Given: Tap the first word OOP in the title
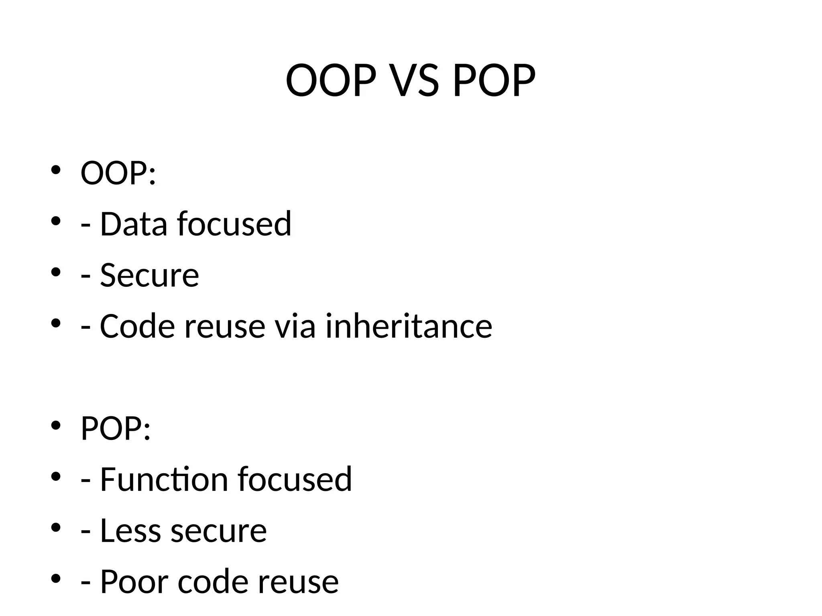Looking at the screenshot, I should pyautogui.click(x=331, y=81).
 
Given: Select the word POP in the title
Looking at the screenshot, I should pyautogui.click(x=494, y=81).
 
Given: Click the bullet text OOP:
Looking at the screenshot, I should pyautogui.click(x=118, y=173).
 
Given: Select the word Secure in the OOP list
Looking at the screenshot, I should pyautogui.click(x=149, y=275).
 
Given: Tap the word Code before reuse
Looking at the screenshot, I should pyautogui.click(x=137, y=326).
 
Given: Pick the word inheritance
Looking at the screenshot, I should pyautogui.click(x=409, y=326).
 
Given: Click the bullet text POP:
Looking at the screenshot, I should pyautogui.click(x=116, y=429).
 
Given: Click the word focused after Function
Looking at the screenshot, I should pyautogui.click(x=295, y=479).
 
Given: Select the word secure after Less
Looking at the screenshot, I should pyautogui.click(x=219, y=531).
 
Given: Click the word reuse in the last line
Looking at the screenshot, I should pyautogui.click(x=298, y=582).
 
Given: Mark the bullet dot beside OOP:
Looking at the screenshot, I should pyautogui.click(x=56, y=170).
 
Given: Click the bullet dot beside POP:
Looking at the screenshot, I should pyautogui.click(x=56, y=425).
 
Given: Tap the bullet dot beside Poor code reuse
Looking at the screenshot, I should pyautogui.click(x=56, y=578).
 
